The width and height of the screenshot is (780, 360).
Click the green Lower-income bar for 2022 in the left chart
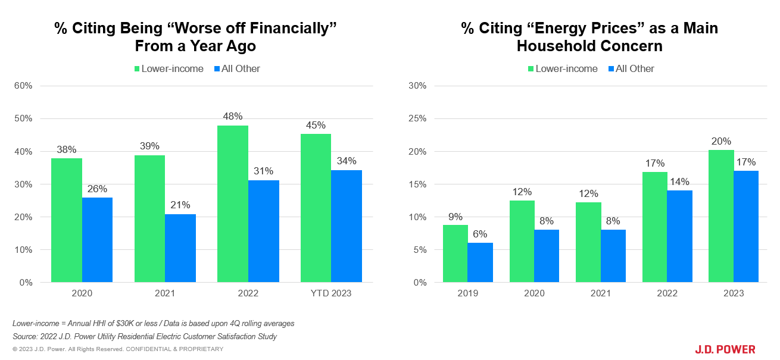click(x=233, y=204)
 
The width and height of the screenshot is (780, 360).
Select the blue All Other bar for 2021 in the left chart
click(x=180, y=248)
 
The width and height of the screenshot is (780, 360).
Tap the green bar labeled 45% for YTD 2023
click(x=316, y=208)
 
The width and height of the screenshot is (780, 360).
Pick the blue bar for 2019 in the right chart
click(x=480, y=262)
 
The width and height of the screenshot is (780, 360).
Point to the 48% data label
click(x=233, y=117)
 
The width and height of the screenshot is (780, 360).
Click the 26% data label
click(x=97, y=189)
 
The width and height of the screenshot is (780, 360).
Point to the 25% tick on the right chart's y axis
click(x=417, y=118)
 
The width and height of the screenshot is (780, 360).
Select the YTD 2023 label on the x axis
click(x=331, y=293)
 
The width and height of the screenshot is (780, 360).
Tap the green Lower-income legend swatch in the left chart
click(x=136, y=69)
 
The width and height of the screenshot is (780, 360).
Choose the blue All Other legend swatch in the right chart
click(x=610, y=69)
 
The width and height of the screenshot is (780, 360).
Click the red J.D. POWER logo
click(x=725, y=349)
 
